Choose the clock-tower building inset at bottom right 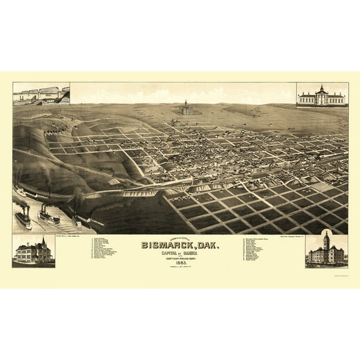(326, 251)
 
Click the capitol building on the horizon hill (185, 110)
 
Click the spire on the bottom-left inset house (42, 241)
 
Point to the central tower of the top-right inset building (322, 89)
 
